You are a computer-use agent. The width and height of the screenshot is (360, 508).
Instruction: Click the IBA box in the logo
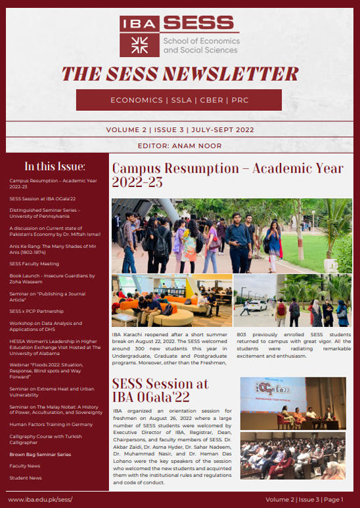(x=139, y=24)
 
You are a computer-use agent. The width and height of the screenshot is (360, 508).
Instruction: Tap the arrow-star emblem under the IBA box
(x=139, y=45)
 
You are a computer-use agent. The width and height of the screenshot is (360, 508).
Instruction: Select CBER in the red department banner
(x=207, y=100)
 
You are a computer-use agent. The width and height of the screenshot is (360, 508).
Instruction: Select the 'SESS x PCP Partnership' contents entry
(x=36, y=311)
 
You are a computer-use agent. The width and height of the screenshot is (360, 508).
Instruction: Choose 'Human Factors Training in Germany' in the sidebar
(x=49, y=424)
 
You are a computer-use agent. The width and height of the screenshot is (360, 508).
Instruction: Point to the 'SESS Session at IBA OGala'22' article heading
(x=160, y=390)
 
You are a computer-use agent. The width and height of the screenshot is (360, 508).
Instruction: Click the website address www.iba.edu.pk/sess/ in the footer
(x=39, y=499)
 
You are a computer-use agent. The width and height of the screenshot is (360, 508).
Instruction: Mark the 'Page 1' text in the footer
(x=333, y=499)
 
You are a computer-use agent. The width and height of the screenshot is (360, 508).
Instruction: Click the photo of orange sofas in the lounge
(x=171, y=301)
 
